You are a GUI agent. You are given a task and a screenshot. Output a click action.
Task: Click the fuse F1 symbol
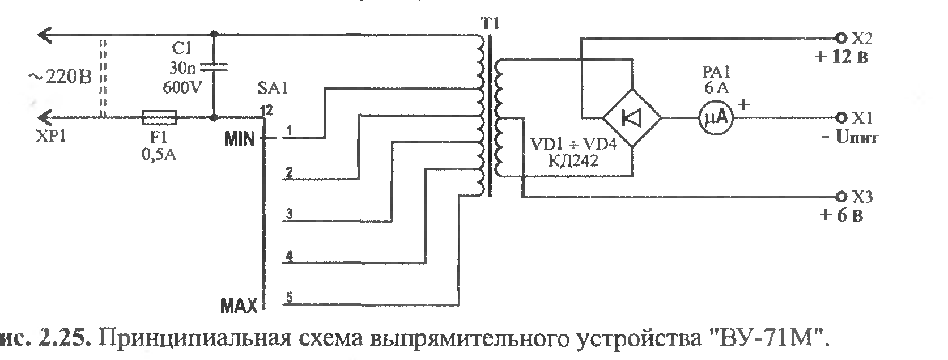pyautogui.click(x=159, y=118)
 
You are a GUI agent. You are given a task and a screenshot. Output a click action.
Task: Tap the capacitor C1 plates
pyautogui.click(x=214, y=67)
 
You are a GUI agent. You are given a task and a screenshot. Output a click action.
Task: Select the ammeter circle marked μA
pyautogui.click(x=716, y=118)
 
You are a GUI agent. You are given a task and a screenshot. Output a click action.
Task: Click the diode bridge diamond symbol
pyautogui.click(x=632, y=118)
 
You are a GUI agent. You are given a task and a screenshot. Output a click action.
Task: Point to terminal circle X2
pyautogui.click(x=840, y=39)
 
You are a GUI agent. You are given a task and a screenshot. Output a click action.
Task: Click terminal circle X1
pyautogui.click(x=840, y=117)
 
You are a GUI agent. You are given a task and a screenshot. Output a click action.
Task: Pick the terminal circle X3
pyautogui.click(x=840, y=197)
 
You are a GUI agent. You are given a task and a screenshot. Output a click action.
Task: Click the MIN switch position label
pyautogui.click(x=240, y=138)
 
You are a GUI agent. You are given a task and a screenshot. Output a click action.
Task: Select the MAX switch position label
pyautogui.click(x=239, y=306)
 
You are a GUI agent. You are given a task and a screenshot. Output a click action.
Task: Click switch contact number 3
pyautogui.click(x=289, y=213)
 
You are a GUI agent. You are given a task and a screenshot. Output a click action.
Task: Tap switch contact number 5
pyautogui.click(x=289, y=297)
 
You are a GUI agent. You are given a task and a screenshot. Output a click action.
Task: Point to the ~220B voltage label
pyautogui.click(x=60, y=78)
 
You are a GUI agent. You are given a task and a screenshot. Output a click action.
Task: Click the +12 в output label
pyautogui.click(x=841, y=57)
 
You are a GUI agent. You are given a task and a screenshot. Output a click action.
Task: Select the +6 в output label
pyautogui.click(x=841, y=215)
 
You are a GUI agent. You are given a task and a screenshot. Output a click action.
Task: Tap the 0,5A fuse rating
pyautogui.click(x=159, y=155)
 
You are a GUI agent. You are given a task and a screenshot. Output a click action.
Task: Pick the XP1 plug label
pyautogui.click(x=51, y=136)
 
